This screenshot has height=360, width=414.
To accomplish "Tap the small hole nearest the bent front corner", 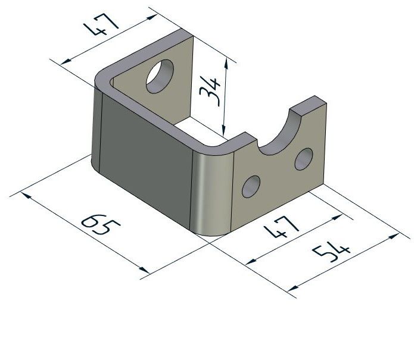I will point(251,186).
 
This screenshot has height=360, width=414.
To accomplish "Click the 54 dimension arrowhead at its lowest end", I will point(291,290).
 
